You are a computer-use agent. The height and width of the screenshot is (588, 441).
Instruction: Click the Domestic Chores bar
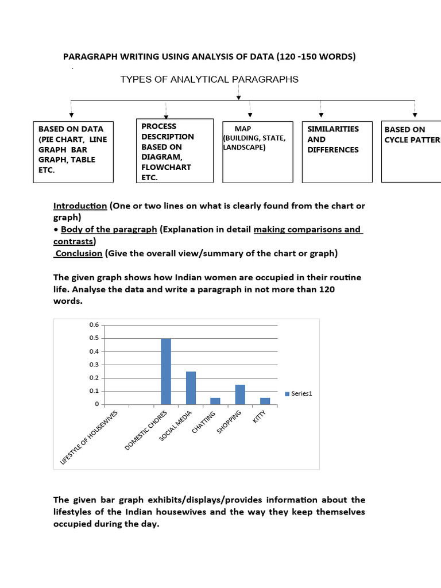tap(166, 372)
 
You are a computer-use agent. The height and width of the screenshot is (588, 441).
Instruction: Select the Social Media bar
tap(191, 388)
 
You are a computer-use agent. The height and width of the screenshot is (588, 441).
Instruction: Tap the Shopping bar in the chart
tap(240, 394)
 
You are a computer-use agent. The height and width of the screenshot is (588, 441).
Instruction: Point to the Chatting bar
tap(215, 401)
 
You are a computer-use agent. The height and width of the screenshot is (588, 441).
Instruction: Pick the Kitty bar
tap(265, 401)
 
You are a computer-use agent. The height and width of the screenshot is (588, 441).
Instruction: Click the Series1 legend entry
tap(298, 393)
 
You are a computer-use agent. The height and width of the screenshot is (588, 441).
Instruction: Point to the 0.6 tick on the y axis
tap(94, 325)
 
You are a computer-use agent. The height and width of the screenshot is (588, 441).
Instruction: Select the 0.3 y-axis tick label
tap(94, 365)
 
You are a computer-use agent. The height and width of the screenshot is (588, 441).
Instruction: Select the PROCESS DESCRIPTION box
tap(173, 151)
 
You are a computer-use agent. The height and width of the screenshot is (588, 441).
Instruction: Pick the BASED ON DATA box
tap(72, 152)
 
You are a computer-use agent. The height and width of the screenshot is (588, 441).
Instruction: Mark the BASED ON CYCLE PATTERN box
tap(411, 152)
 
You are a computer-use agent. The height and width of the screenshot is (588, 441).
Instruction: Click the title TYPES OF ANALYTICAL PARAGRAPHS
tap(209, 80)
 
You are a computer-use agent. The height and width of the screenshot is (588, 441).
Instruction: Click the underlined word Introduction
tap(80, 206)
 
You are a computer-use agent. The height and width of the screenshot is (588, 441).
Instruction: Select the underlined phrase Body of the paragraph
tap(109, 229)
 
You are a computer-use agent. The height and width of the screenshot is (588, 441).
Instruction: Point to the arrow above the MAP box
tap(250, 109)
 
